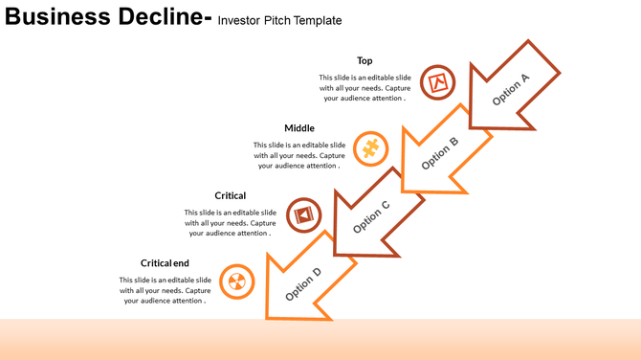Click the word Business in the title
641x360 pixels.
click(x=55, y=17)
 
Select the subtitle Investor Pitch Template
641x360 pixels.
click(x=279, y=20)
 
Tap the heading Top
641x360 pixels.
click(x=365, y=60)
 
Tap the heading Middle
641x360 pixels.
click(x=298, y=128)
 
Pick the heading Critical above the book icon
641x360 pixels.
click(x=230, y=195)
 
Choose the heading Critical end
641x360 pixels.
click(x=165, y=263)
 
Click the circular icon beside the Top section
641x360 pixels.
click(x=437, y=82)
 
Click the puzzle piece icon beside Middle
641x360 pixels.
click(x=369, y=148)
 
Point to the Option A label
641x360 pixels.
click(x=510, y=89)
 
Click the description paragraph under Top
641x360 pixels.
click(x=365, y=87)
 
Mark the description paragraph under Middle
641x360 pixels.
click(x=298, y=155)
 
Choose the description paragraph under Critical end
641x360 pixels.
click(x=165, y=290)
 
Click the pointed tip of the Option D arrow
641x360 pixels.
click(x=269, y=317)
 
